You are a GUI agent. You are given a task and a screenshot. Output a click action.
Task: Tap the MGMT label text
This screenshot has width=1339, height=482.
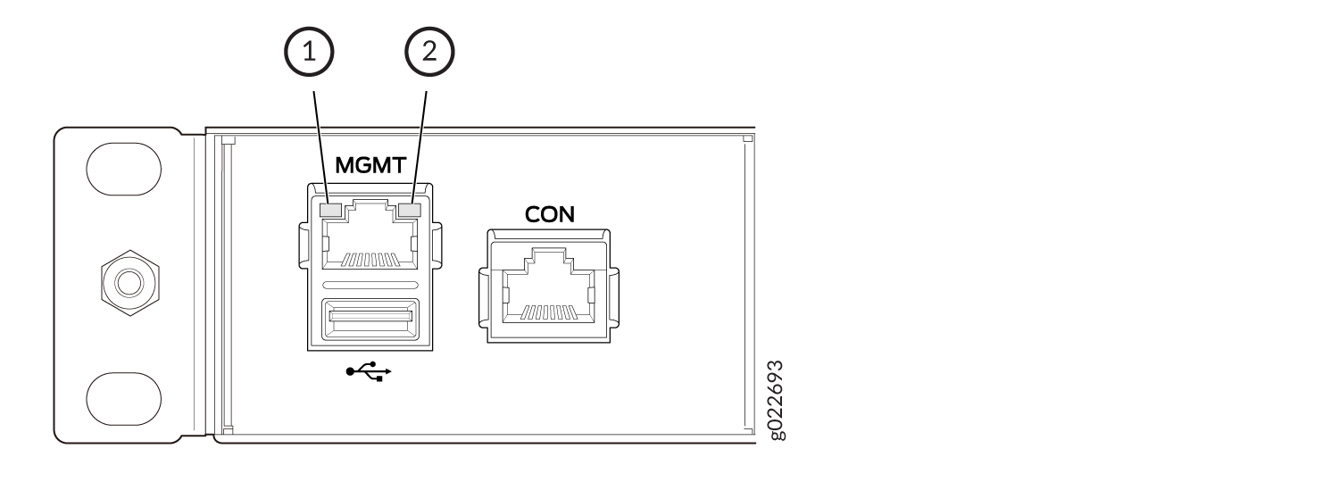tap(370, 165)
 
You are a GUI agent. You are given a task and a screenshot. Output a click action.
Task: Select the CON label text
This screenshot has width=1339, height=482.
tap(549, 214)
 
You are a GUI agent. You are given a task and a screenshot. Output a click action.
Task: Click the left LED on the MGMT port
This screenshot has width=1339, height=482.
tap(330, 210)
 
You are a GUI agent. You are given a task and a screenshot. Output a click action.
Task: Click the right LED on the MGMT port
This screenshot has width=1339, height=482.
tap(411, 210)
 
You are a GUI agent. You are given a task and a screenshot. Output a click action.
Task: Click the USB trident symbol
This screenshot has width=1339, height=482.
tap(368, 372)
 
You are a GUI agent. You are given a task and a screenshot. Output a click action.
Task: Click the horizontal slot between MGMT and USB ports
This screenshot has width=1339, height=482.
tap(370, 285)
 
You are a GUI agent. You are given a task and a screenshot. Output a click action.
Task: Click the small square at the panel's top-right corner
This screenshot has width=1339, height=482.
tap(748, 138)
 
